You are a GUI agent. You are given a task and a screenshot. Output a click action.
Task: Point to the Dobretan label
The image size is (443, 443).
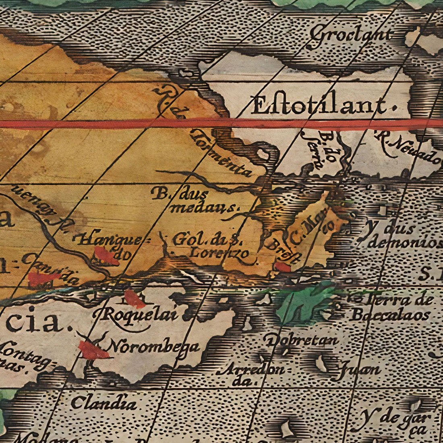pos(302,340)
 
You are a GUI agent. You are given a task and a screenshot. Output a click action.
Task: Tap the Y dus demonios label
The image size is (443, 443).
pos(399,236)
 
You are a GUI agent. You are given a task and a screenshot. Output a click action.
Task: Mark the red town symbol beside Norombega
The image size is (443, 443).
pos(93,350)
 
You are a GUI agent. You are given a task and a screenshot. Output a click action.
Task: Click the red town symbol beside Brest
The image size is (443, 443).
pos(282,267)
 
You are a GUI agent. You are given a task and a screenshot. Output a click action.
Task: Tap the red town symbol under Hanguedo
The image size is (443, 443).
pos(106,256)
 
